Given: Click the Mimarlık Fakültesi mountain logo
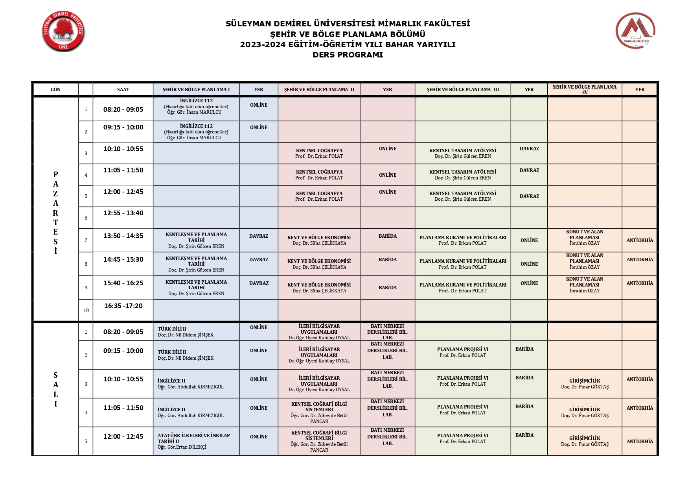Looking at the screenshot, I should pos(635,31).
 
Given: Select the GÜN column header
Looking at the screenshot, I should pos(55,89).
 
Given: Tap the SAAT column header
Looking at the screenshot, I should pos(123,89).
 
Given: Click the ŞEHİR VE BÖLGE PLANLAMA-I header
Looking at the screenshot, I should pos(196,89).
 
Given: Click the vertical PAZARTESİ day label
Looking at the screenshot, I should pos(55,213).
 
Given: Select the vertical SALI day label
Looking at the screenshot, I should pos(55,390).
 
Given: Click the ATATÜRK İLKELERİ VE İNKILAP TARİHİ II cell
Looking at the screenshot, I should pos(196,441).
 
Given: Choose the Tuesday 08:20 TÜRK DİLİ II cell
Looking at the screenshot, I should pos(196,332).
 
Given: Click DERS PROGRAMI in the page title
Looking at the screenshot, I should pos(348,55).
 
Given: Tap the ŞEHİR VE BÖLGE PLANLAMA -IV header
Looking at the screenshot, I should pos(584,89).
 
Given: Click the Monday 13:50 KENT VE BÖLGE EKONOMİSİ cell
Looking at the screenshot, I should pos(319,240).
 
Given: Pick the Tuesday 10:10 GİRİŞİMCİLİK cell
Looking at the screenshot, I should pos(584,384).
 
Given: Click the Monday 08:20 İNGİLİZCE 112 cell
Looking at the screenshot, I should pos(196,106).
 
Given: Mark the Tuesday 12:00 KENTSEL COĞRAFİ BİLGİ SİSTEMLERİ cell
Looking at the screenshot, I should pos(319,441).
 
